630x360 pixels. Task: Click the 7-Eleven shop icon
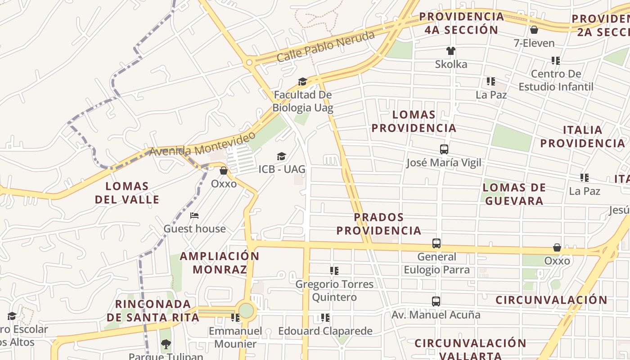(534, 30)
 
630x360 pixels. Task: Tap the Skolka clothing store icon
(451, 51)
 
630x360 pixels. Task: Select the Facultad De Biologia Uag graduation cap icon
(302, 81)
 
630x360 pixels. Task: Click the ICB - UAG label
(282, 169)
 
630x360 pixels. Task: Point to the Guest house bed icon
(194, 216)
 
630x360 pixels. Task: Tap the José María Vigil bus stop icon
(444, 149)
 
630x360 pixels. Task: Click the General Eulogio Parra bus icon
(436, 243)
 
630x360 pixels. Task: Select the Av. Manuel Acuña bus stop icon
(436, 301)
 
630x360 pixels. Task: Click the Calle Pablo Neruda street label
(325, 46)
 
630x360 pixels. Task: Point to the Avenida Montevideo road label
(202, 144)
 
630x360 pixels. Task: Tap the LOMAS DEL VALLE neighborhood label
(127, 193)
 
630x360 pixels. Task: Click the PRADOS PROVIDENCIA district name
(379, 224)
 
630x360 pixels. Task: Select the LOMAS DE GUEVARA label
(514, 194)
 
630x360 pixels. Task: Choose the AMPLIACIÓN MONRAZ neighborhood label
(220, 263)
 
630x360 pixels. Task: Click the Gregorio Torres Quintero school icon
(334, 271)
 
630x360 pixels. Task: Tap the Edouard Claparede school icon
(325, 318)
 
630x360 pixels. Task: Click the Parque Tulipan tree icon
(166, 344)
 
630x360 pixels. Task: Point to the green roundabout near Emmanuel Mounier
(246, 310)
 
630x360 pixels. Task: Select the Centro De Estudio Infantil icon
(556, 60)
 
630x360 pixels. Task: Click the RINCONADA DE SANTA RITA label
(153, 310)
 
